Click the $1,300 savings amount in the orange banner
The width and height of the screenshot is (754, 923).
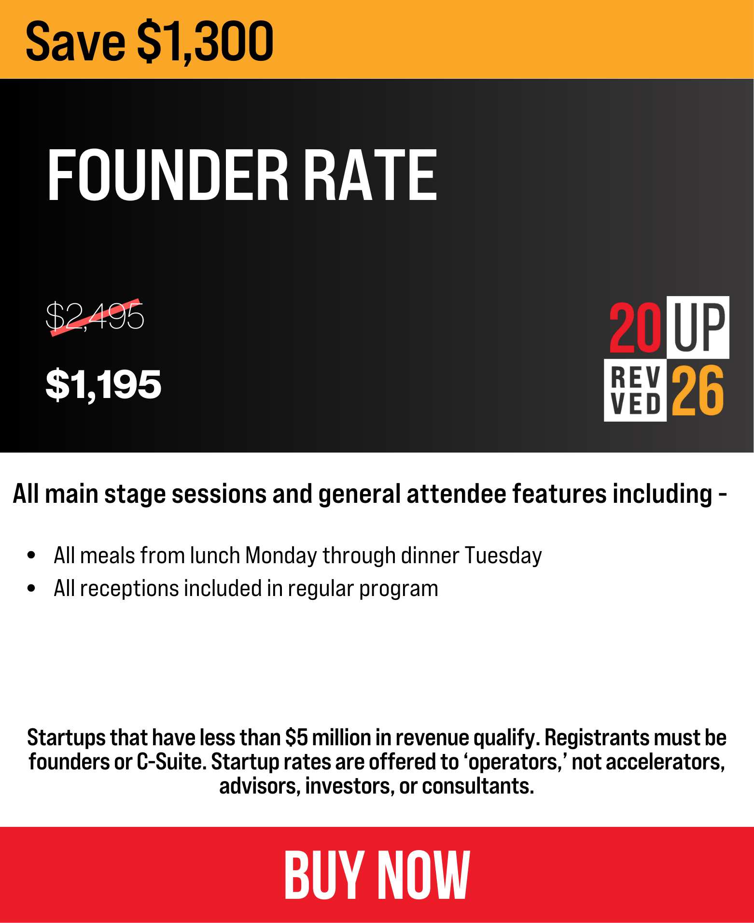tap(206, 42)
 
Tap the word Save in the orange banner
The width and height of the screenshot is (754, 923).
tap(75, 42)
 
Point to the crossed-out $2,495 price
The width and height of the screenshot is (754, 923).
tap(95, 316)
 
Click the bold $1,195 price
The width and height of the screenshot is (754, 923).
tap(103, 384)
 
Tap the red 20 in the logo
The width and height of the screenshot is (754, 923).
tap(635, 327)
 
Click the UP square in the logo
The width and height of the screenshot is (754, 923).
tap(698, 327)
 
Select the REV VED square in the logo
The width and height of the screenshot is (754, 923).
tap(635, 390)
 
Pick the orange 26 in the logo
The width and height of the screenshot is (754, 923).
tap(698, 390)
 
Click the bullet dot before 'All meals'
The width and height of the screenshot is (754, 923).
tap(32, 555)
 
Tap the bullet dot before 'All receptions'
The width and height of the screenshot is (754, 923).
tap(32, 588)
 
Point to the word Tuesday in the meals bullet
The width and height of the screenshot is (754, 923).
tap(503, 556)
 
